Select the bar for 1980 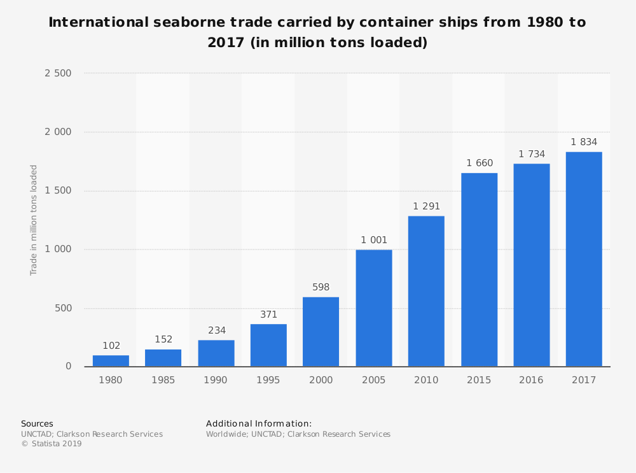(111, 361)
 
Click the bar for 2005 (374, 308)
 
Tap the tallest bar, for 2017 (584, 259)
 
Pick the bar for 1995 (268, 345)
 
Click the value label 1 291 (426, 206)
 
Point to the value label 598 (321, 287)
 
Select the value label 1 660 (479, 163)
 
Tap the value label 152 (163, 339)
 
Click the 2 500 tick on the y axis (58, 73)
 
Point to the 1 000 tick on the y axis (58, 250)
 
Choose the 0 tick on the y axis (68, 367)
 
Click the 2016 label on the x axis (531, 380)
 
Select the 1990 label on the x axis (216, 380)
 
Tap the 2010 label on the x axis (426, 380)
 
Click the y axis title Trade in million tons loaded (34, 220)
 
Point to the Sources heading (37, 423)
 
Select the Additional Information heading (259, 423)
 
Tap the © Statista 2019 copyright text (52, 444)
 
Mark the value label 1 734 (531, 154)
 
